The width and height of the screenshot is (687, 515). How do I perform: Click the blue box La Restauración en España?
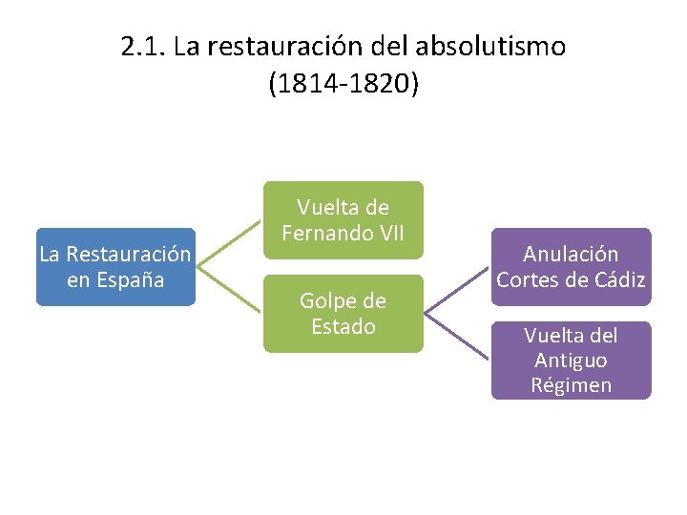coord(115,267)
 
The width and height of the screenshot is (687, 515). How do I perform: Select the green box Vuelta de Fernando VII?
coord(343,219)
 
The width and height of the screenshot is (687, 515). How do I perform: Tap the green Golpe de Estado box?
coord(343,314)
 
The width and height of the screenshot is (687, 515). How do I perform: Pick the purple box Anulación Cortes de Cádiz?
coord(571,267)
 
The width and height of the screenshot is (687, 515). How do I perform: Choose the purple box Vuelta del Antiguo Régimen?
coord(571,360)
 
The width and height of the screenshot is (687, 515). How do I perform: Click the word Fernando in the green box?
coord(330,232)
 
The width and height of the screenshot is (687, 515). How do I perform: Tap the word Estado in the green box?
coord(343,326)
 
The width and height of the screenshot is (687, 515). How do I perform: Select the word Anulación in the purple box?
coord(571,255)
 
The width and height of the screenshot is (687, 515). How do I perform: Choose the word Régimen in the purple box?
coord(571,385)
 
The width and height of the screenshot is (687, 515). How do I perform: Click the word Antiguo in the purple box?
coord(571,360)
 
